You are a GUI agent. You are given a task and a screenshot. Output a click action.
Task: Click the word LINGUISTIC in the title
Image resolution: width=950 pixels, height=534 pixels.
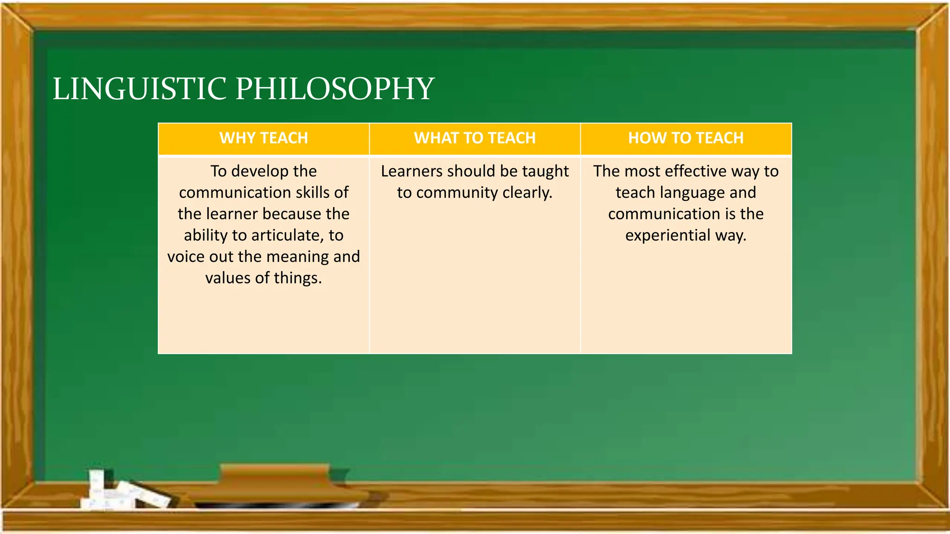[x=140, y=89]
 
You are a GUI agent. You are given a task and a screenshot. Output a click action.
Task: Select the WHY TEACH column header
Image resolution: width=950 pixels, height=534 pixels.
[x=263, y=138]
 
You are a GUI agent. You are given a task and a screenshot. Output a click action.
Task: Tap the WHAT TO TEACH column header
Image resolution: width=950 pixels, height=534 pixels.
[x=475, y=138]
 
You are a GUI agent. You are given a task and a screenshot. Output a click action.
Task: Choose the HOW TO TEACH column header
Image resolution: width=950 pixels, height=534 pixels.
[x=686, y=138]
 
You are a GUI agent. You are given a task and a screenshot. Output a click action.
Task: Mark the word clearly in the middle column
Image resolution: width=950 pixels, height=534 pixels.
[x=527, y=193]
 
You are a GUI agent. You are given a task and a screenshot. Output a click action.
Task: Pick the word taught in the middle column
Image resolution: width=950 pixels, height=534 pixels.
[x=546, y=172]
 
